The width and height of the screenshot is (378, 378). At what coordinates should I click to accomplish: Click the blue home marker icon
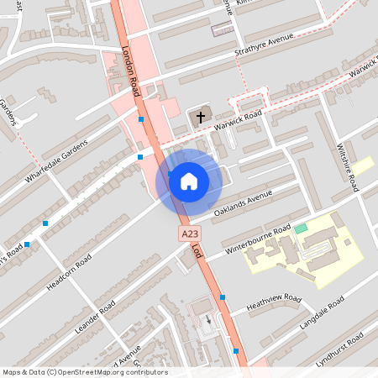(189, 181)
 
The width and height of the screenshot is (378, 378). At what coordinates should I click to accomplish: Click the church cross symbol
(200, 118)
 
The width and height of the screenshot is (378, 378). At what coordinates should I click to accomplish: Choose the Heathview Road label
(275, 303)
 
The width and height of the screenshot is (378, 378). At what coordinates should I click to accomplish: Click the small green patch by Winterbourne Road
(301, 228)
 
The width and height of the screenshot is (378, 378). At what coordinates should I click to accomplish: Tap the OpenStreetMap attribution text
(84, 372)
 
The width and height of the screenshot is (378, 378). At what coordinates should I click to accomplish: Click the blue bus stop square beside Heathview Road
(223, 297)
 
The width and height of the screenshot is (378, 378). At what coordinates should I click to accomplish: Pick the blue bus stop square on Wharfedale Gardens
(139, 156)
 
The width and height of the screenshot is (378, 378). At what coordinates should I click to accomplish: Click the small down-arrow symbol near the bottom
(209, 318)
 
